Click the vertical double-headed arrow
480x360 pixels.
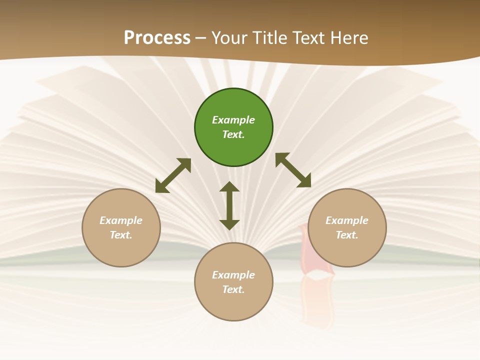pyautogui.click(x=229, y=205)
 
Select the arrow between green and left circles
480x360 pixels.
pyautogui.click(x=173, y=175)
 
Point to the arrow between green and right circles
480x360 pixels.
pyautogui.click(x=293, y=170)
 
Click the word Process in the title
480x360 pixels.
pyautogui.click(x=157, y=38)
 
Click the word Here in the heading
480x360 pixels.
pyautogui.click(x=349, y=38)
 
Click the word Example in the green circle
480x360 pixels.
pyautogui.click(x=233, y=120)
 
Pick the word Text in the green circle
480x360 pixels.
pyautogui.click(x=233, y=134)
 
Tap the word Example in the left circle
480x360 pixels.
pyautogui.click(x=121, y=220)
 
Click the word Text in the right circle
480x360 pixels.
pyautogui.click(x=347, y=235)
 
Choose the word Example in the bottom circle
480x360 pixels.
pyautogui.click(x=233, y=275)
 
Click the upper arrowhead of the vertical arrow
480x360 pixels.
pyautogui.click(x=229, y=186)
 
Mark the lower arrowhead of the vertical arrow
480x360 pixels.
pyautogui.click(x=229, y=224)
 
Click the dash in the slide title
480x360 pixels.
pyautogui.click(x=201, y=38)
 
